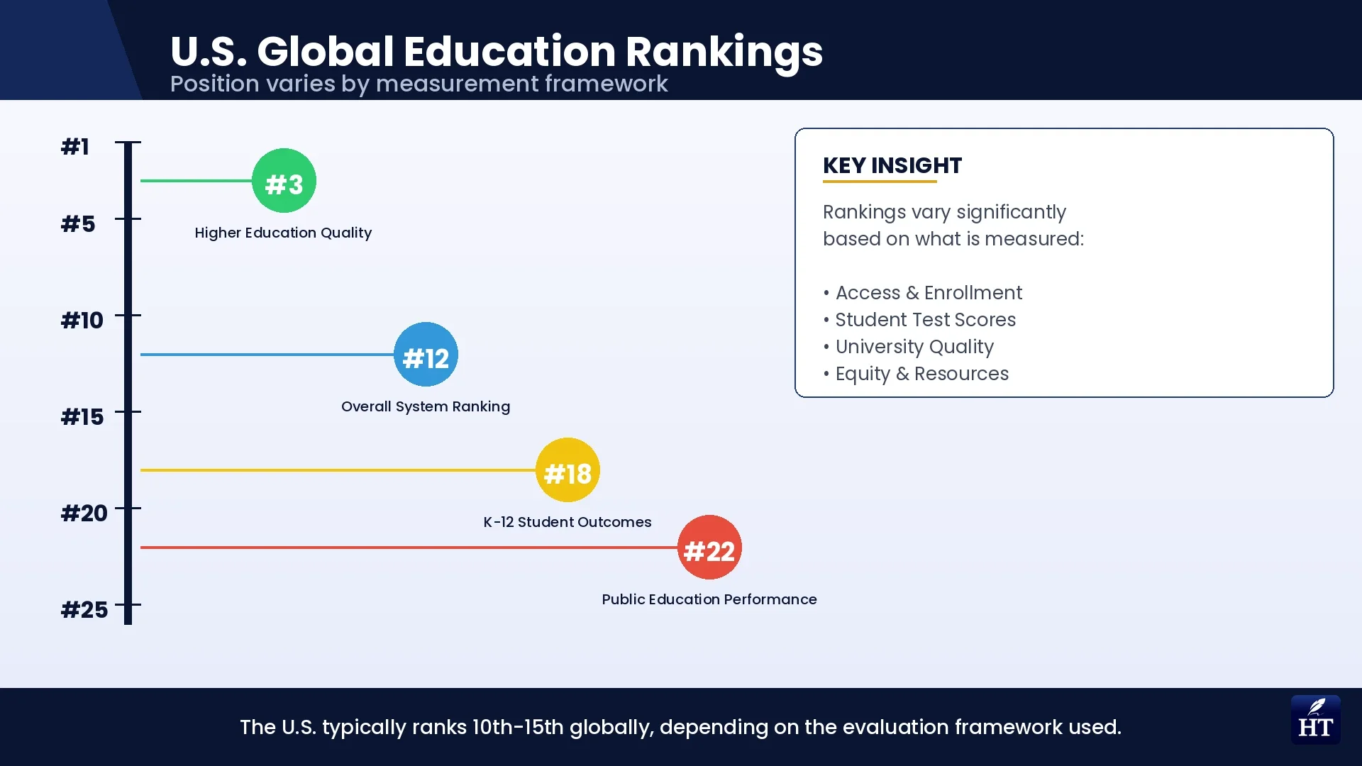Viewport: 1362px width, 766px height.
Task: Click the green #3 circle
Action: click(x=284, y=181)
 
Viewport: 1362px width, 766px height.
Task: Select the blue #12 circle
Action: click(x=426, y=355)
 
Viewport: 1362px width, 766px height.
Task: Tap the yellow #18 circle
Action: click(x=567, y=470)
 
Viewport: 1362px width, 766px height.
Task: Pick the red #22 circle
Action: click(x=709, y=548)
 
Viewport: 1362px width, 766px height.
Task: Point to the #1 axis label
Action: click(x=75, y=147)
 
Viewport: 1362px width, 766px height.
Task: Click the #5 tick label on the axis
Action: click(x=78, y=224)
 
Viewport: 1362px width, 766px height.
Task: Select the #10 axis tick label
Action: click(x=82, y=321)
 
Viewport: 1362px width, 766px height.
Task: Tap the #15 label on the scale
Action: click(x=82, y=417)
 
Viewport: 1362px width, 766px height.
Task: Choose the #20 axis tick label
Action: click(x=84, y=514)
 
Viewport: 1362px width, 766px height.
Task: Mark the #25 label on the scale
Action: click(x=84, y=610)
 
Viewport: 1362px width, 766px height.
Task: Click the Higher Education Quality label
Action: click(x=283, y=233)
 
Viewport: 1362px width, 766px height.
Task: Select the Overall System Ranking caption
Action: click(x=426, y=406)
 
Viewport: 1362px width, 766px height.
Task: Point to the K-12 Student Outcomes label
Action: click(x=567, y=522)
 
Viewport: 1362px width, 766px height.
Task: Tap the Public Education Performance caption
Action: click(x=709, y=599)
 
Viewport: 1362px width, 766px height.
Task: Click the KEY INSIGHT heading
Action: click(x=892, y=165)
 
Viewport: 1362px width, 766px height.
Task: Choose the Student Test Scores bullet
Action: click(x=925, y=320)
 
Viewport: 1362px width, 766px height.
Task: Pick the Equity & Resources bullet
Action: click(x=921, y=374)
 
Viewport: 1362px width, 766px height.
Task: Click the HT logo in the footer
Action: click(x=1315, y=720)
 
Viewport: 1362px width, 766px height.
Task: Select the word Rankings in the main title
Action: click(x=724, y=52)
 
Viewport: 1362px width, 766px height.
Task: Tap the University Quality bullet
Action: click(x=914, y=347)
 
